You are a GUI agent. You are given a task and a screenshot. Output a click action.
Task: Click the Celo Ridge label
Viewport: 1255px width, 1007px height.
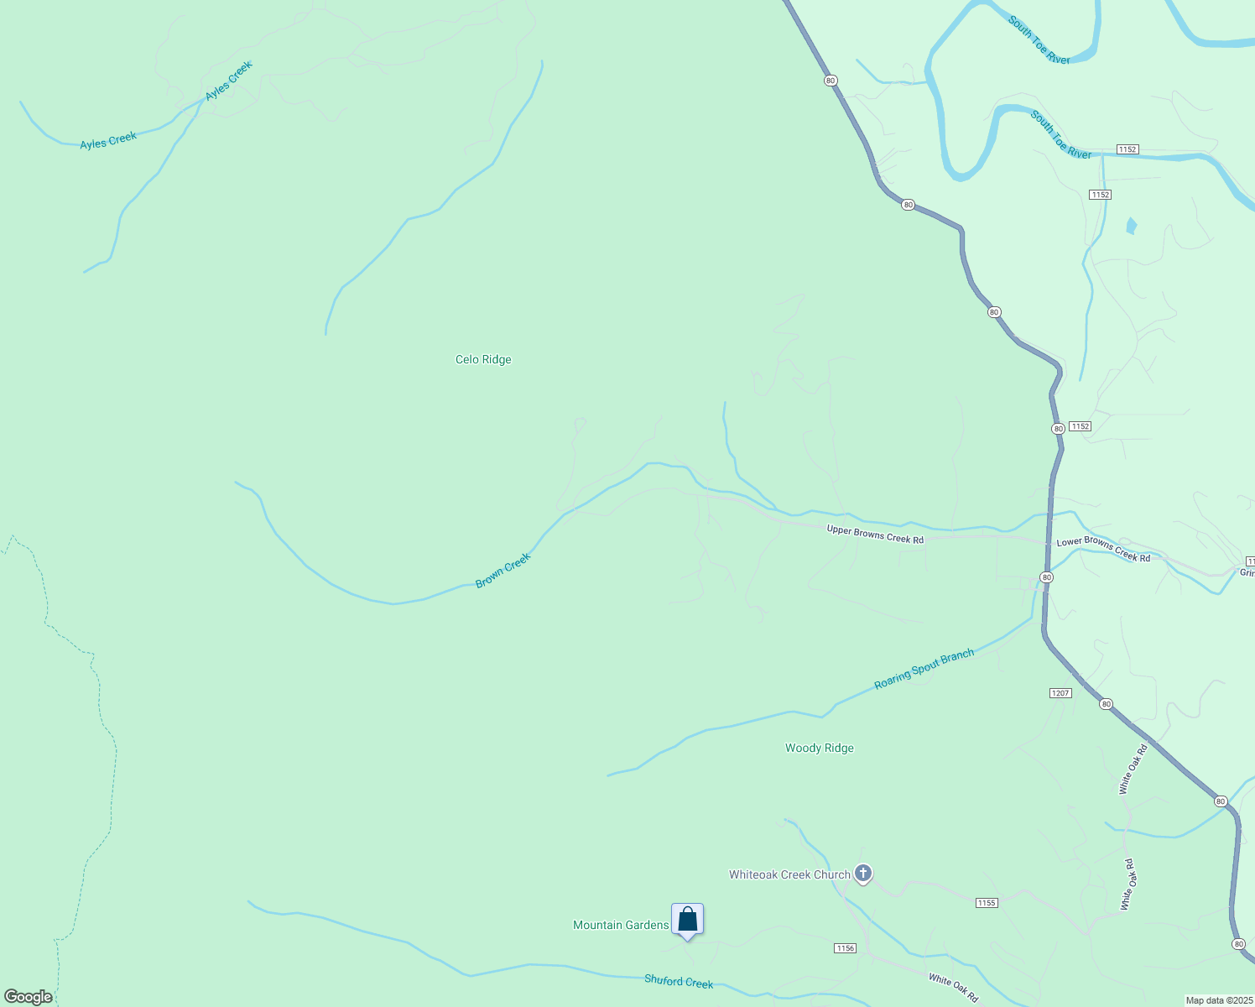tap(483, 359)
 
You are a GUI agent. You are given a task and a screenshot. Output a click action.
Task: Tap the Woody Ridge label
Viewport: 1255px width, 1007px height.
tap(819, 748)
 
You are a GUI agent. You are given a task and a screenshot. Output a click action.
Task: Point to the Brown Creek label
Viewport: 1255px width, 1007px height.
tap(503, 571)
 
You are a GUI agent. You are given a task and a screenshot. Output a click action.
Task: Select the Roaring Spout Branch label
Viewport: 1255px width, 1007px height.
tap(924, 669)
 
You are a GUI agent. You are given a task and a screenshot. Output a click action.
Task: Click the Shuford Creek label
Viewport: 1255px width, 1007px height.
tap(679, 981)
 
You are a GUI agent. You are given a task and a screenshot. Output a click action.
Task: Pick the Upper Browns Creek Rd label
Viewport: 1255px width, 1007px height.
tap(875, 534)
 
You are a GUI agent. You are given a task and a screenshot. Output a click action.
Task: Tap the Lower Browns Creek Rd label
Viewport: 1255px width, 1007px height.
tap(1103, 549)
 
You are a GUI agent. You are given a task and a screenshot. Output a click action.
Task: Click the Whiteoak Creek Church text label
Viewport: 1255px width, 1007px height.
tap(789, 874)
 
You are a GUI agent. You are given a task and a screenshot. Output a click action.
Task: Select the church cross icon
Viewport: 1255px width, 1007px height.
tap(862, 874)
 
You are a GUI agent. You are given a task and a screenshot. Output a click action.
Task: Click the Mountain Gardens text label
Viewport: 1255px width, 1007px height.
tap(621, 925)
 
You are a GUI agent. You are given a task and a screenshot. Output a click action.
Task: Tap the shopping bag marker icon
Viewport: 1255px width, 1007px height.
tap(687, 919)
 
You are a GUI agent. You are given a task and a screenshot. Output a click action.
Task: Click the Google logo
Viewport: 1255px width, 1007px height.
tap(28, 997)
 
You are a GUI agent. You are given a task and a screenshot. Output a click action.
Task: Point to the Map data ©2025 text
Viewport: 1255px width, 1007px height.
tap(1219, 1000)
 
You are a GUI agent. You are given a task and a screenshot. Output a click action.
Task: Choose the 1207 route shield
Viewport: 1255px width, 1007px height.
tap(1060, 693)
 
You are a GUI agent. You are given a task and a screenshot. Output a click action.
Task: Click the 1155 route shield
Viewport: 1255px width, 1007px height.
tap(987, 903)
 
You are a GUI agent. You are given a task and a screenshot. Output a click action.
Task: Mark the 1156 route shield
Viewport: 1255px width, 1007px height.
tap(845, 948)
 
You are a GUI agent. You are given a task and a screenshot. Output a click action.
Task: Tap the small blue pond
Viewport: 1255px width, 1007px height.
tap(1132, 226)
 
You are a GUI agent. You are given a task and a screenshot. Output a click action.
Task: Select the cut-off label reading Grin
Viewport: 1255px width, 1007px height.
tap(1247, 573)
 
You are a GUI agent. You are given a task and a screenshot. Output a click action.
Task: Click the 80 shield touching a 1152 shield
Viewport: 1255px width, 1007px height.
tap(1058, 428)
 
